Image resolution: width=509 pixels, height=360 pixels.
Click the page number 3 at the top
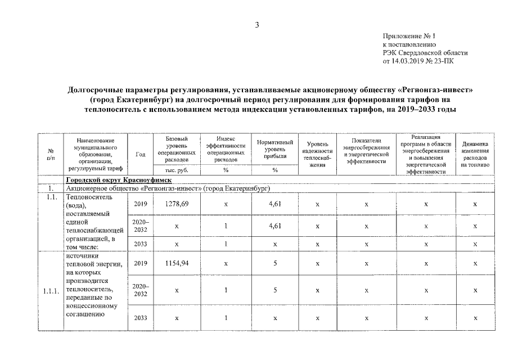tap(256, 24)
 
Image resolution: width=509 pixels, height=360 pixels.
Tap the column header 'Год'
tap(141, 154)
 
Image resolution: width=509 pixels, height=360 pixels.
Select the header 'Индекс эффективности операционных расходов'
tap(226, 149)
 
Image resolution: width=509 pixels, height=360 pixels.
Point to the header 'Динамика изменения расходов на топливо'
tap(475, 154)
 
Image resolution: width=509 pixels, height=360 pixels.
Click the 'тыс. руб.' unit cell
tap(177, 169)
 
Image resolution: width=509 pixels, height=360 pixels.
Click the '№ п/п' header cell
tap(51, 154)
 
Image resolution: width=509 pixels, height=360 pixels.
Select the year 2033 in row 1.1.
tap(141, 244)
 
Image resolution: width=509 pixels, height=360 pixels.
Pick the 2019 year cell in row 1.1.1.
tap(141, 263)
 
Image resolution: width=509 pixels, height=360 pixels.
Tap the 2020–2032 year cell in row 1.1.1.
tap(141, 290)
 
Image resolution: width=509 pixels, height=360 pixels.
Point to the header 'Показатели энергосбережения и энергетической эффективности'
tap(366, 151)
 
